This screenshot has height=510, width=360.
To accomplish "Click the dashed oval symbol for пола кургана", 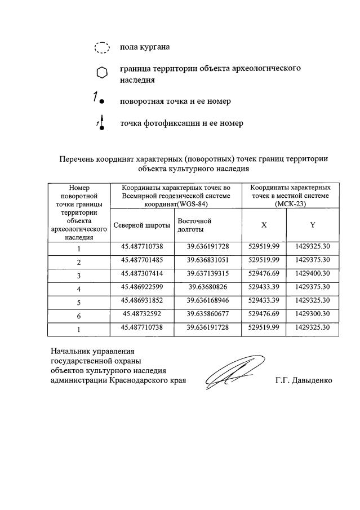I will (101, 48).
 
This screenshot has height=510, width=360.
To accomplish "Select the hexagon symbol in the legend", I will (101, 73).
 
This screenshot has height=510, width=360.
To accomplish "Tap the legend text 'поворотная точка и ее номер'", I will (175, 101).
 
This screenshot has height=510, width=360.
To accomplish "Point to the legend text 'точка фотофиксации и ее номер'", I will (181, 123).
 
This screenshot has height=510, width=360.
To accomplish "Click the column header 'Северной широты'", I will (142, 225).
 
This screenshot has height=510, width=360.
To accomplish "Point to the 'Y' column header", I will (313, 225).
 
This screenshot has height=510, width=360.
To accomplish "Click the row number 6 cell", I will (79, 316).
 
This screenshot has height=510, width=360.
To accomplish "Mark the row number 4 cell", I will (79, 289).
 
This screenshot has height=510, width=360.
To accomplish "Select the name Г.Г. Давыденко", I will (304, 380).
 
